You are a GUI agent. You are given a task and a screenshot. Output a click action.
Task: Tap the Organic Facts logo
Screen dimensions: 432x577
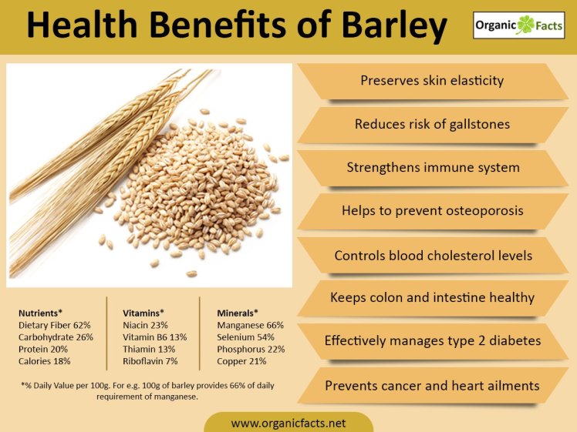click(x=518, y=25)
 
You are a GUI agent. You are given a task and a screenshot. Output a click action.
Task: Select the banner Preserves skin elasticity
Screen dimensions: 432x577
click(x=432, y=81)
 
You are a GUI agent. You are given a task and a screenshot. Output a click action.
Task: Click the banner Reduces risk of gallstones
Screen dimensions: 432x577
click(x=432, y=124)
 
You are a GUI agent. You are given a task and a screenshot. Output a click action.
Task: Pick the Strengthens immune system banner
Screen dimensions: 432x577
click(x=432, y=167)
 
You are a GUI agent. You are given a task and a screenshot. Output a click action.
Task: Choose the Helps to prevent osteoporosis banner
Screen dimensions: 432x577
click(x=432, y=210)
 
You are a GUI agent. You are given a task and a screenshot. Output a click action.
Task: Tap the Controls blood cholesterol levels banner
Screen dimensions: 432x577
click(x=432, y=254)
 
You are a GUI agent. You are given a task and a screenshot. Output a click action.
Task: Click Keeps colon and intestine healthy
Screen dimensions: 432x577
click(x=432, y=297)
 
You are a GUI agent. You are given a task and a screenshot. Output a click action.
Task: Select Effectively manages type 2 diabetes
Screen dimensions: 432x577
click(x=432, y=340)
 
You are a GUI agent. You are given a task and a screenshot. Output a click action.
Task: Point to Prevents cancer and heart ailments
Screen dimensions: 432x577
click(x=432, y=384)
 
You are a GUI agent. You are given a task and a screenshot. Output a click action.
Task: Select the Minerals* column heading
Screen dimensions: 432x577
click(x=238, y=313)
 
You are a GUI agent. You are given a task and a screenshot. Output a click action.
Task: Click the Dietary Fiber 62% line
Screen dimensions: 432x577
click(x=55, y=326)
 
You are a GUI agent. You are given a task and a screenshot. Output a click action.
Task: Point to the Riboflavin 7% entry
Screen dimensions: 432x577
click(x=150, y=360)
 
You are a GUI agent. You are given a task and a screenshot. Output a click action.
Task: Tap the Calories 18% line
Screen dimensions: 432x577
click(x=45, y=360)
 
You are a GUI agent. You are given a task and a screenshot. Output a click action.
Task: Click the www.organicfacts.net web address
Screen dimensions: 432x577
click(x=288, y=423)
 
